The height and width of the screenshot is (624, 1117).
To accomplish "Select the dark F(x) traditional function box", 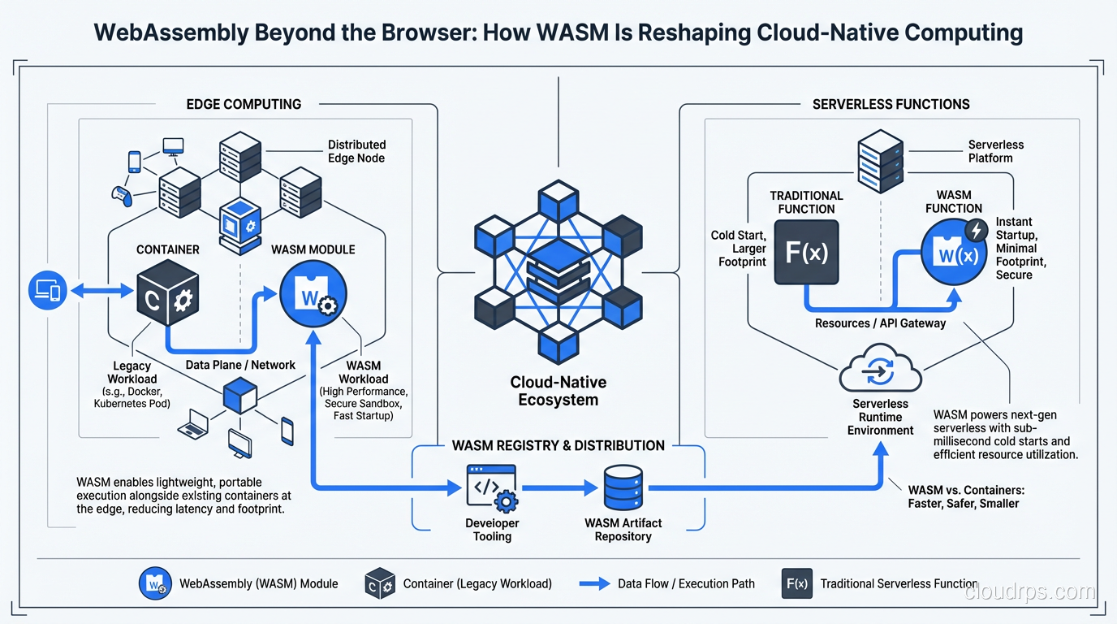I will (x=806, y=252).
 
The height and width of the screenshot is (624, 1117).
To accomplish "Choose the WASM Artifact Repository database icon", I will (x=623, y=488).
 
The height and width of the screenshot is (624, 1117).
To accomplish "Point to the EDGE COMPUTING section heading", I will (x=244, y=104).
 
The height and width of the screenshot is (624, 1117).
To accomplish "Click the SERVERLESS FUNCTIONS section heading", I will (x=891, y=104).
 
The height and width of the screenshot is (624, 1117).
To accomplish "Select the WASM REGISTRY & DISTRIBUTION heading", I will (x=558, y=445).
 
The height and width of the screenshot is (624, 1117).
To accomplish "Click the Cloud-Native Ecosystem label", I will (x=558, y=391).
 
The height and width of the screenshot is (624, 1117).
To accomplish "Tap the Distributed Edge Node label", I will (x=356, y=151).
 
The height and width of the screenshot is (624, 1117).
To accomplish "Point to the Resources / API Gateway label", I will (x=880, y=323).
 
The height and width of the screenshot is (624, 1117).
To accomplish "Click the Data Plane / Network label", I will (x=240, y=365).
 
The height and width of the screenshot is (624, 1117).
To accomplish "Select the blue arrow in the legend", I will (x=595, y=583).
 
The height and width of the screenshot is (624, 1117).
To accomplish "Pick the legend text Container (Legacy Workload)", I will (x=477, y=583).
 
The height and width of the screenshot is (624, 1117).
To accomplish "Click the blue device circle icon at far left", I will (x=47, y=290).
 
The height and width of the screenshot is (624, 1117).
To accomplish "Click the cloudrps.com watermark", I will (x=1029, y=592).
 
